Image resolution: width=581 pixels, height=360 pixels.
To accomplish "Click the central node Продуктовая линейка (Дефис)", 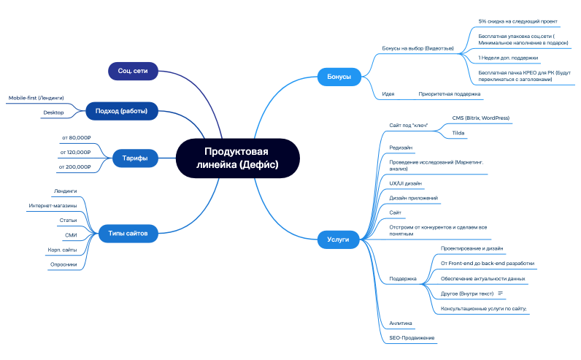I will (x=237, y=158).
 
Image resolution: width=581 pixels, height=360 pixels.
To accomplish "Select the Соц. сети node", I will (x=133, y=71).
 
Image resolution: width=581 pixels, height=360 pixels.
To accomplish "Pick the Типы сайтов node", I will (x=128, y=234).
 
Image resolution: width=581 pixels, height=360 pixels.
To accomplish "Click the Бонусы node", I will (x=338, y=76).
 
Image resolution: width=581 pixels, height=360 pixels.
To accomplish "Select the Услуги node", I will (x=338, y=238).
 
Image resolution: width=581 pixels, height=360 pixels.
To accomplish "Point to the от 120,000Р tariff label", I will (x=75, y=152).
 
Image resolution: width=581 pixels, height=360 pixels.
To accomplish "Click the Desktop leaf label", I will (x=53, y=112).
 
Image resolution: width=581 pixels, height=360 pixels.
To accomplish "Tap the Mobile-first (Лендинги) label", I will (x=36, y=97).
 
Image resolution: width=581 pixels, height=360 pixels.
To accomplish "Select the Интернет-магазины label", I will (x=53, y=205).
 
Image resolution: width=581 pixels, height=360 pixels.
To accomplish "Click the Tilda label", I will (x=459, y=133).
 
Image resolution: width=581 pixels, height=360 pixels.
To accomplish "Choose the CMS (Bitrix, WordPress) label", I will (x=480, y=118).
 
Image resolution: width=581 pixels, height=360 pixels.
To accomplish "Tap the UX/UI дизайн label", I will (x=406, y=183).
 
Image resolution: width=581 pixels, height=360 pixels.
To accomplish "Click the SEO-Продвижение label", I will (x=412, y=337).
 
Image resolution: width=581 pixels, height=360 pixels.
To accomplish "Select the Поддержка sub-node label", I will (x=403, y=278).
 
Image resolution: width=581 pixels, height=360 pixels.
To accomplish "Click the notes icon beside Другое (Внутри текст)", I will (x=501, y=294).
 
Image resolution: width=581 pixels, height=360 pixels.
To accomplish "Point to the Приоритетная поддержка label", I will (x=449, y=94).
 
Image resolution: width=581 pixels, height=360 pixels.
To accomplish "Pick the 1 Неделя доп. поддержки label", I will (x=508, y=57).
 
